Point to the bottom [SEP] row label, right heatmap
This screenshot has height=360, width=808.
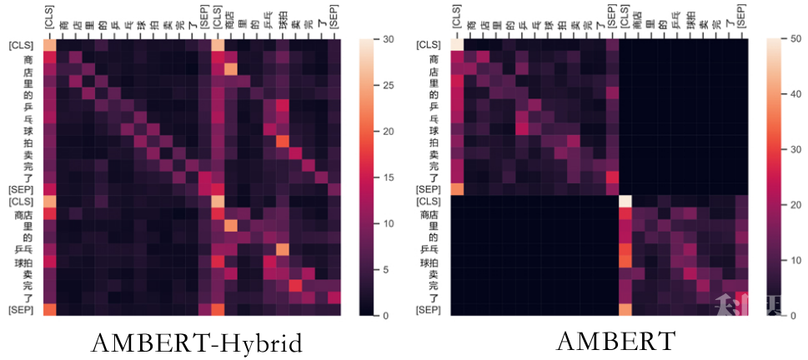429,311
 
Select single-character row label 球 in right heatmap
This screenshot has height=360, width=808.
433,131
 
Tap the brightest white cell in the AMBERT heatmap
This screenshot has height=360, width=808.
625,202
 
